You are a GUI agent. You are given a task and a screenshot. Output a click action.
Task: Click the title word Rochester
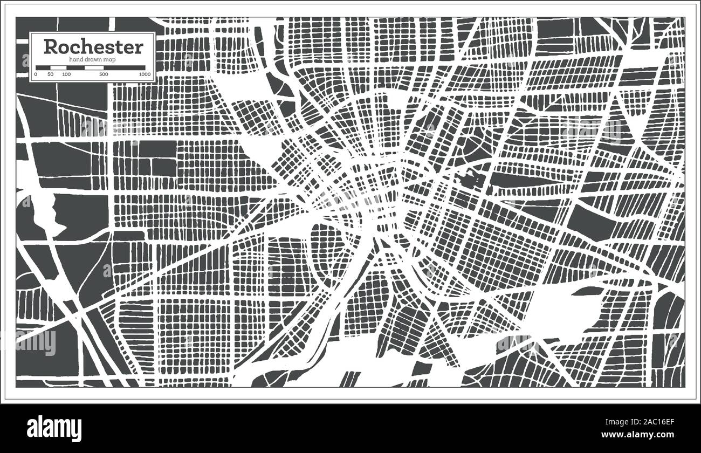click(x=93, y=47)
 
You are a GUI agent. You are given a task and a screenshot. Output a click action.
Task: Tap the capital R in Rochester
click(x=50, y=47)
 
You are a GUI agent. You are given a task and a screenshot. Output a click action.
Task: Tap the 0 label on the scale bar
click(x=36, y=74)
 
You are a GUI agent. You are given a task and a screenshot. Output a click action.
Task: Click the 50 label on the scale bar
click(x=51, y=74)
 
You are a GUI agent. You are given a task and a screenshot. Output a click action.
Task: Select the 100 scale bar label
click(x=66, y=74)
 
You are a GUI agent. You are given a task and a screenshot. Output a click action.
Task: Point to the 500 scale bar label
click(x=104, y=74)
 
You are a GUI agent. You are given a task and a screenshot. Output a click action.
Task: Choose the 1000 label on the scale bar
click(x=144, y=74)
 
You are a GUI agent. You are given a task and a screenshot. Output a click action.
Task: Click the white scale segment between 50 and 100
click(x=58, y=67)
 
